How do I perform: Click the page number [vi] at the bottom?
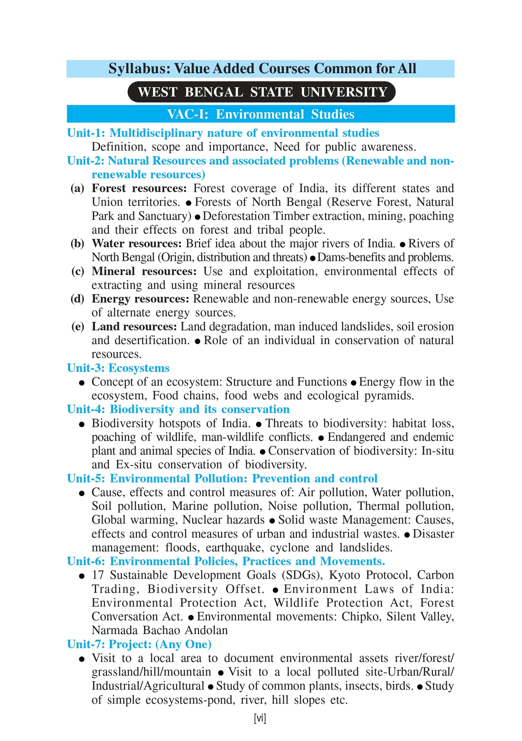pyautogui.click(x=260, y=718)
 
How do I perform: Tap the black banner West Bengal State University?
pyautogui.click(x=262, y=92)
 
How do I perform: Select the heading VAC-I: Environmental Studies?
pyautogui.click(x=261, y=114)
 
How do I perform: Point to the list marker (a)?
pyautogui.click(x=77, y=188)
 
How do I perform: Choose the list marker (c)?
pyautogui.click(x=77, y=271)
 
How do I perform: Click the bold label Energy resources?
pyautogui.click(x=140, y=299)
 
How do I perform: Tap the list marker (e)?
pyautogui.click(x=77, y=327)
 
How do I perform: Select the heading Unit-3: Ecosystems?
pyautogui.click(x=118, y=368)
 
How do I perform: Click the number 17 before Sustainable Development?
pyautogui.click(x=98, y=575)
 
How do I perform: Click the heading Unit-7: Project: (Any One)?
pyautogui.click(x=139, y=644)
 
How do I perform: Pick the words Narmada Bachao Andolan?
pyautogui.click(x=160, y=631)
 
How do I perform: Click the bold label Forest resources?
pyautogui.click(x=139, y=188)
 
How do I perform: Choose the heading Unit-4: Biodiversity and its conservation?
pyautogui.click(x=178, y=409)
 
